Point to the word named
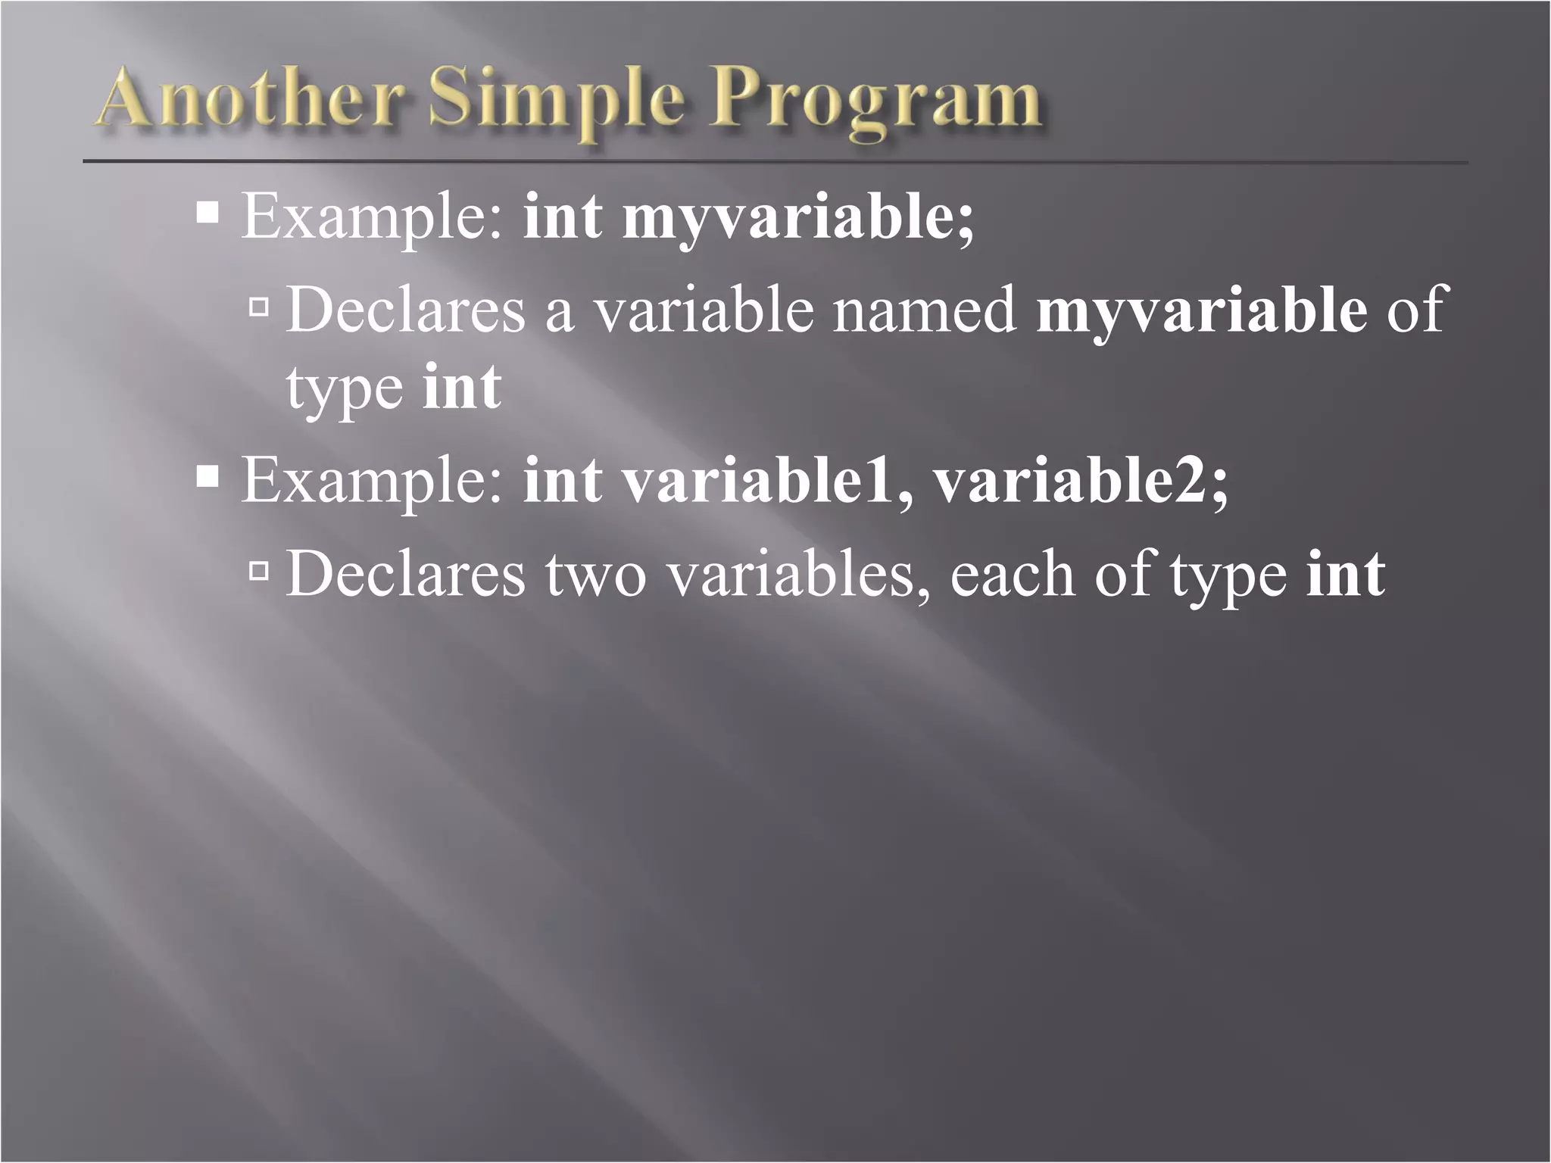point(925,310)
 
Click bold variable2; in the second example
point(1080,482)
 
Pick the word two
point(595,575)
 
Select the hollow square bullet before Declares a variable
point(259,307)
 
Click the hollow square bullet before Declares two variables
point(259,571)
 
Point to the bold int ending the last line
point(1346,575)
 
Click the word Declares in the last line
point(406,575)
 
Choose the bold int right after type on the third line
point(462,387)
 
